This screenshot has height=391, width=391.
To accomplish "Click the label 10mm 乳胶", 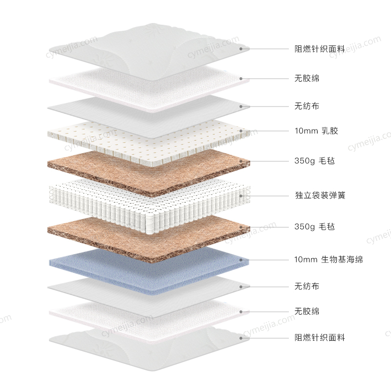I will pyautogui.click(x=316, y=131).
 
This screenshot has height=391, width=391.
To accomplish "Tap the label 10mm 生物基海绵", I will pyautogui.click(x=328, y=260).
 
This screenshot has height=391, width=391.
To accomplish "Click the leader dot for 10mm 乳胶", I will pyautogui.click(x=241, y=131).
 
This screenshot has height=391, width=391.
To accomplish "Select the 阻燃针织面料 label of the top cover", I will pyautogui.click(x=320, y=49).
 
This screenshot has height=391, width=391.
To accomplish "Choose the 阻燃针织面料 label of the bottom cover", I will pyautogui.click(x=320, y=338).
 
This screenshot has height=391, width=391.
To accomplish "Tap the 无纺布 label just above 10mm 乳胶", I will pyautogui.click(x=307, y=106).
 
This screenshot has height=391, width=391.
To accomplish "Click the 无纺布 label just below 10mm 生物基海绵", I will pyautogui.click(x=307, y=286).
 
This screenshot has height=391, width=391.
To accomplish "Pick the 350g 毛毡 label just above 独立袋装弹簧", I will pyautogui.click(x=314, y=160).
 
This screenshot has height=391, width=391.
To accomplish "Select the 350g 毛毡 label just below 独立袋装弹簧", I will pyautogui.click(x=314, y=227).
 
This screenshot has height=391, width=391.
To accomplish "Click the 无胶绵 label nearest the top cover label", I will pyautogui.click(x=307, y=78).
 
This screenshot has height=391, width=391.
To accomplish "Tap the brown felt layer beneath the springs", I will pyautogui.click(x=147, y=235).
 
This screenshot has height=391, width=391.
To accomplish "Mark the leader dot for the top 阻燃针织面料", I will pyautogui.click(x=241, y=49).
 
